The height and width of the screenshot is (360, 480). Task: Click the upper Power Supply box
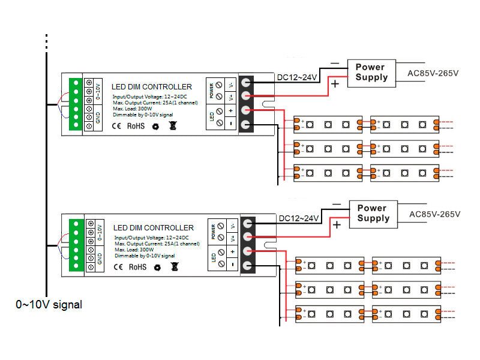pos(371,72)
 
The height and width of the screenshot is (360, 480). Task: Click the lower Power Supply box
pos(373,213)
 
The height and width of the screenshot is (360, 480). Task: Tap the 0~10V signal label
pos(49,305)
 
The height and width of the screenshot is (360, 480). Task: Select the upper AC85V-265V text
pos(433,73)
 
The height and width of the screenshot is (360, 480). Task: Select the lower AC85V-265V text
pos(434,214)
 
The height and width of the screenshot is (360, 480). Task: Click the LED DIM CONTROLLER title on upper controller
pos(152,87)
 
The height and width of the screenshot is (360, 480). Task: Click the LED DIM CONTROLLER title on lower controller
pos(154,228)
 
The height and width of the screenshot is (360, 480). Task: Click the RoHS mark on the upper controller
pos(136,126)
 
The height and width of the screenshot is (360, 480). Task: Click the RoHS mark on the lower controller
pos(137,266)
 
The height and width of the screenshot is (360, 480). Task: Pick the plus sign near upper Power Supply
pos(335,85)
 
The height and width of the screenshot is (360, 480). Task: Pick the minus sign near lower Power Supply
pos(337,204)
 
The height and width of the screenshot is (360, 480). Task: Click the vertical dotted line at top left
pos(46,42)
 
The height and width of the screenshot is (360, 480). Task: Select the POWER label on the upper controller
pos(211,91)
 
